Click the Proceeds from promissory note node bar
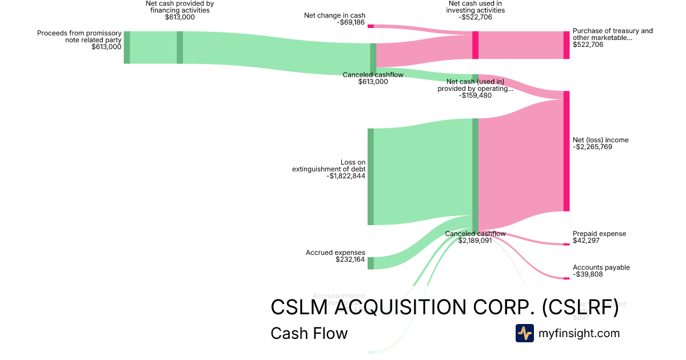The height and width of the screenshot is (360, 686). pyautogui.click(x=127, y=47)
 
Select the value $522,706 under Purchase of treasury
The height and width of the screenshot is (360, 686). pyautogui.click(x=588, y=45)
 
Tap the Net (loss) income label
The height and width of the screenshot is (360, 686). pyautogui.click(x=600, y=140)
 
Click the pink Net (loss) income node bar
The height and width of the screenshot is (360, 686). pyautogui.click(x=567, y=151)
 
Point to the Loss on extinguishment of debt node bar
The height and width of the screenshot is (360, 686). pyautogui.click(x=370, y=177)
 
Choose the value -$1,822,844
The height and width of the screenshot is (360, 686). pyautogui.click(x=346, y=176)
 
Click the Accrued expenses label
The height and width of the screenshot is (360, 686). pyautogui.click(x=335, y=253)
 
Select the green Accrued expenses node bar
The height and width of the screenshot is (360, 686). pyautogui.click(x=370, y=263)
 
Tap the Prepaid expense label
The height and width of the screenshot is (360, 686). pyautogui.click(x=599, y=234)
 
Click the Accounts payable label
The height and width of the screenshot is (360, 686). pyautogui.click(x=601, y=267)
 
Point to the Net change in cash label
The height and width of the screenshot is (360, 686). pyautogui.click(x=334, y=15)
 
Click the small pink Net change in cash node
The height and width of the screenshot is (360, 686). pyautogui.click(x=370, y=26)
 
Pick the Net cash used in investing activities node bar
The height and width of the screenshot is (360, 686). pyautogui.click(x=475, y=45)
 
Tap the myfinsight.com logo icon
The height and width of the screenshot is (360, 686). pyautogui.click(x=525, y=333)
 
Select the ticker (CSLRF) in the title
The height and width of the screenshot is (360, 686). pyautogui.click(x=580, y=307)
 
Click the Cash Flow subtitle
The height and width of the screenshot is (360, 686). pyautogui.click(x=309, y=333)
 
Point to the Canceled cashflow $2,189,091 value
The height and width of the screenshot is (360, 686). pyautogui.click(x=475, y=241)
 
